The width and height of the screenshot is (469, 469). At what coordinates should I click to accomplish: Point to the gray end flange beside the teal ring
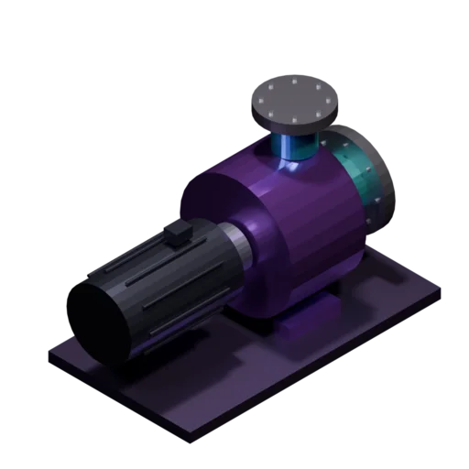(379, 178)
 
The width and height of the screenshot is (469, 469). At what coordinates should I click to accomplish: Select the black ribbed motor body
(165, 284)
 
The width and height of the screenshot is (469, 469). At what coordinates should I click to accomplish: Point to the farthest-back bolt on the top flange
(295, 80)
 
